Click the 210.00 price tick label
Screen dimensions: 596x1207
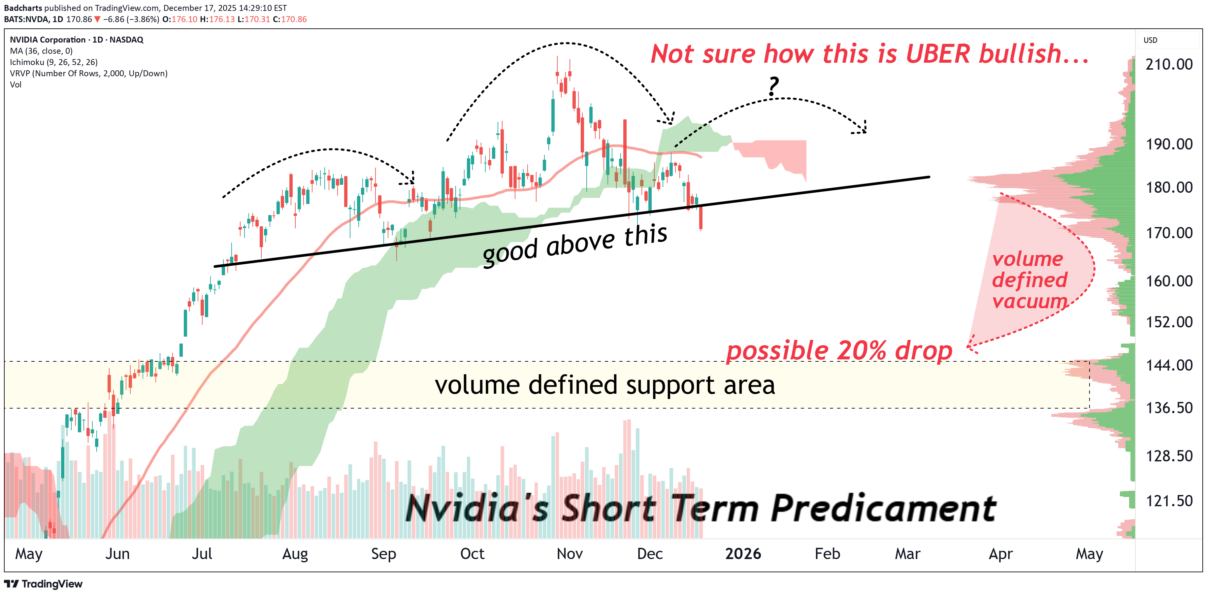pyautogui.click(x=1169, y=64)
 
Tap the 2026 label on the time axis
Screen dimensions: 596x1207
pyautogui.click(x=743, y=554)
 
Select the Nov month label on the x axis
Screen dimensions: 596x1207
pyautogui.click(x=569, y=554)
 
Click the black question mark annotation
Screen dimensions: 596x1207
pyautogui.click(x=773, y=87)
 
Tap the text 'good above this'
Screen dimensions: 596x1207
pyautogui.click(x=575, y=245)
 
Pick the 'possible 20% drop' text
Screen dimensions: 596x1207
pyautogui.click(x=839, y=350)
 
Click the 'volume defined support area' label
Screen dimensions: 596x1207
pyautogui.click(x=604, y=385)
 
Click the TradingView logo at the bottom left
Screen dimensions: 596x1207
pyautogui.click(x=43, y=584)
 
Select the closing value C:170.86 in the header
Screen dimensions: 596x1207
pyautogui.click(x=290, y=19)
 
